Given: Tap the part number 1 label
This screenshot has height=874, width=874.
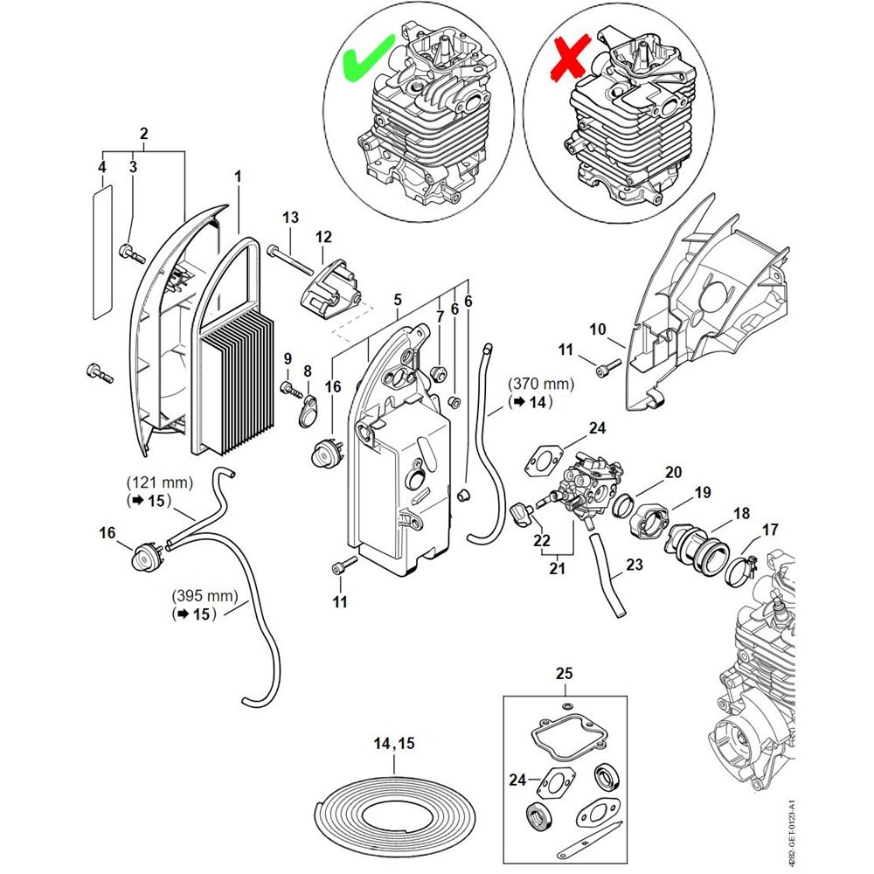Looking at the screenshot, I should click(x=237, y=177).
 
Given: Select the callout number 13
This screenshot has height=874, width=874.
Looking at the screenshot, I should click(x=291, y=216).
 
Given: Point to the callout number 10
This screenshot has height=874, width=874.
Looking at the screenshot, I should click(x=598, y=329).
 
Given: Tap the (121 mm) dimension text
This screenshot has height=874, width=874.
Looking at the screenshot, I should click(x=160, y=482).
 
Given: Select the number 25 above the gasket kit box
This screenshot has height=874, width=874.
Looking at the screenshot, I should click(x=565, y=674).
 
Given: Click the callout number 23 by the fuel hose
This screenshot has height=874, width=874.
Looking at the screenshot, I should click(x=635, y=565).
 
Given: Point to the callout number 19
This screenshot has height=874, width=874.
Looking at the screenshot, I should click(x=703, y=493).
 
